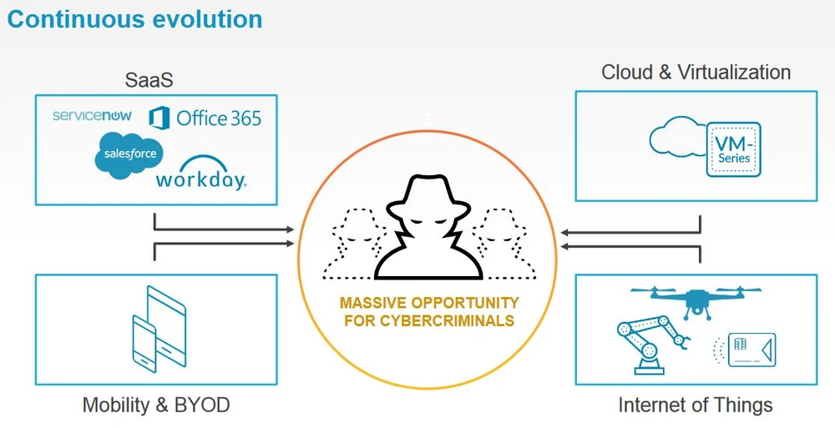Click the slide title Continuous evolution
pyautogui.click(x=134, y=19)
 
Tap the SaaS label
pyautogui.click(x=149, y=80)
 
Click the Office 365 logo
pyautogui.click(x=205, y=118)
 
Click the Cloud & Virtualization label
pyautogui.click(x=696, y=73)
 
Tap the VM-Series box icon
pyautogui.click(x=734, y=149)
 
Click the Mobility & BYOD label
pyautogui.click(x=155, y=405)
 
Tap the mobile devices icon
pyautogui.click(x=156, y=329)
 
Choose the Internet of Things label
pyautogui.click(x=696, y=405)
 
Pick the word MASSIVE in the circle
pyautogui.click(x=371, y=303)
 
